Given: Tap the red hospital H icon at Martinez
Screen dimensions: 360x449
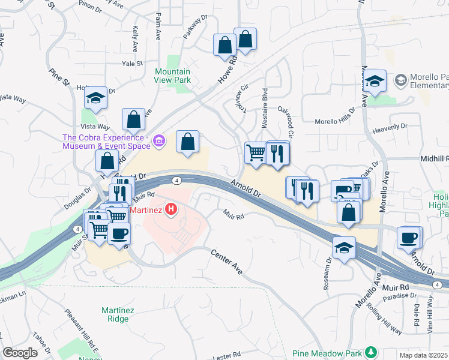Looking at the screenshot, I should pos(172,209).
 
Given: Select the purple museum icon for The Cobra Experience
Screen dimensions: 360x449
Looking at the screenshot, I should pos(159,141).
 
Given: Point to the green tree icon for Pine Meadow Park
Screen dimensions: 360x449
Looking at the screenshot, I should pos(372,352).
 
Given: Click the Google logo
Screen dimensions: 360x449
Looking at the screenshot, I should pos(20,353).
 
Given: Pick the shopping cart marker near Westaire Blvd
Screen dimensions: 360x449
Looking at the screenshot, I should pos(256,153).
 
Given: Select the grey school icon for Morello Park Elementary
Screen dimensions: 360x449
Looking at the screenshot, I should pos(400,79).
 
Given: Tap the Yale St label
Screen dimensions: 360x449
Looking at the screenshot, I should pos(131,63).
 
